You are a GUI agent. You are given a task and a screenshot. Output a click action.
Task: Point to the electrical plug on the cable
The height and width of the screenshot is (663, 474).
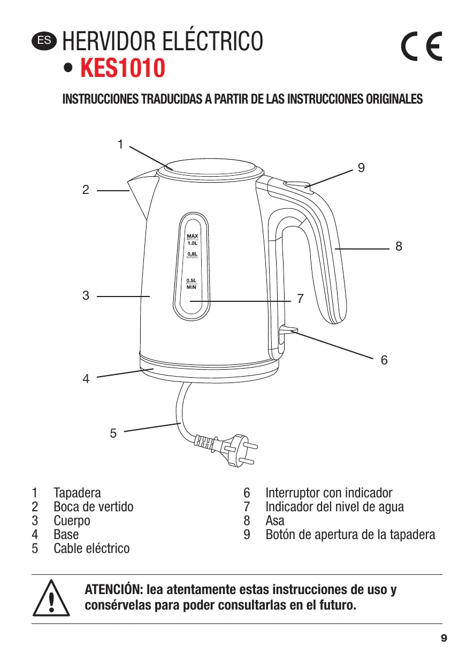coord(233,447)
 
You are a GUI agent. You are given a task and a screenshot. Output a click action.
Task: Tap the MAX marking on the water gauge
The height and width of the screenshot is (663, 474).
coord(192,236)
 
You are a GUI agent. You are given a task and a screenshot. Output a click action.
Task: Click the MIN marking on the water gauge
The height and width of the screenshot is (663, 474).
coord(192,287)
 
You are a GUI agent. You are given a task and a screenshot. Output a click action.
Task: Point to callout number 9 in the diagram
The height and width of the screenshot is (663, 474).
coord(362,168)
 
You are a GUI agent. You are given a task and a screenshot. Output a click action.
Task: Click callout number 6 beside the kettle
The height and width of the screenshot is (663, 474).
coord(384,360)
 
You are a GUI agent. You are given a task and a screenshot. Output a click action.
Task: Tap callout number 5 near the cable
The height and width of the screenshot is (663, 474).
coord(113,433)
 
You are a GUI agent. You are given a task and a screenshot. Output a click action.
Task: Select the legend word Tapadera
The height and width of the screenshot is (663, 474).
coord(77,493)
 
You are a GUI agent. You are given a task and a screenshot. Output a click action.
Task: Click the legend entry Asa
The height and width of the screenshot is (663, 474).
coord(275,520)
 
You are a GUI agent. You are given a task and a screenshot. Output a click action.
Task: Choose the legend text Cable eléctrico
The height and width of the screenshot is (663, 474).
coord(91,548)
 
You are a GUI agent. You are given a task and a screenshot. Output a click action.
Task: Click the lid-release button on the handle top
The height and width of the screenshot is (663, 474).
coord(297,185)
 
